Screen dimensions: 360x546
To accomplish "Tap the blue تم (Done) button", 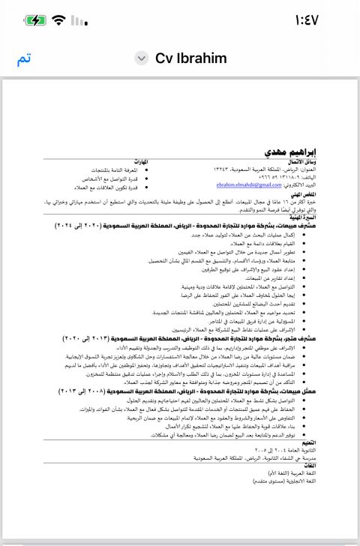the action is coord(24,59).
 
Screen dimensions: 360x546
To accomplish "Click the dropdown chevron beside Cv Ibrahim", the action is coord(142,58).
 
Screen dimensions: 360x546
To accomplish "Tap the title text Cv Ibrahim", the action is coord(190,58).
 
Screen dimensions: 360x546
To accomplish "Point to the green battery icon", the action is coord(35,20).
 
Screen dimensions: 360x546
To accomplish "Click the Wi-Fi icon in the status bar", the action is coord(59,20).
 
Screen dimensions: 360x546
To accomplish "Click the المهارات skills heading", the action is coord(137,162).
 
